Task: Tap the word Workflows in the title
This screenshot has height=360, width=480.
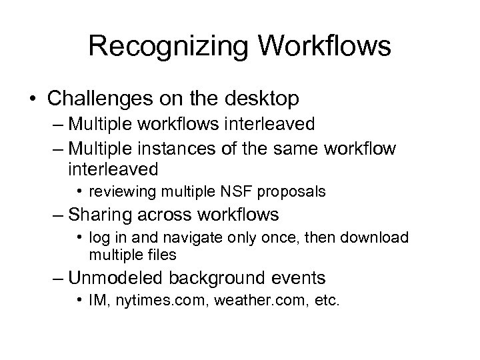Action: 322,47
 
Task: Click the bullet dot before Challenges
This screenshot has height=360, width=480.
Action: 31,99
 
